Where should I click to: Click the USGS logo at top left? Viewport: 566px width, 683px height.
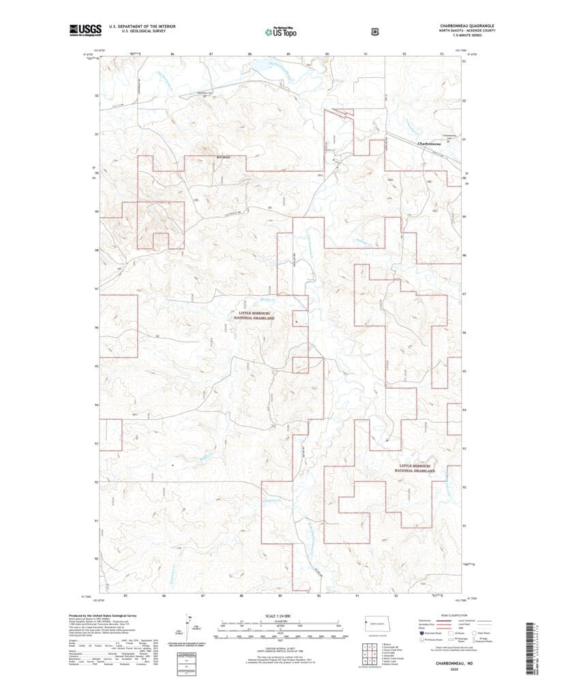tap(85, 29)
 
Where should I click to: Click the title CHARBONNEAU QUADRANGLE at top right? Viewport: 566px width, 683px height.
tap(467, 26)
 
